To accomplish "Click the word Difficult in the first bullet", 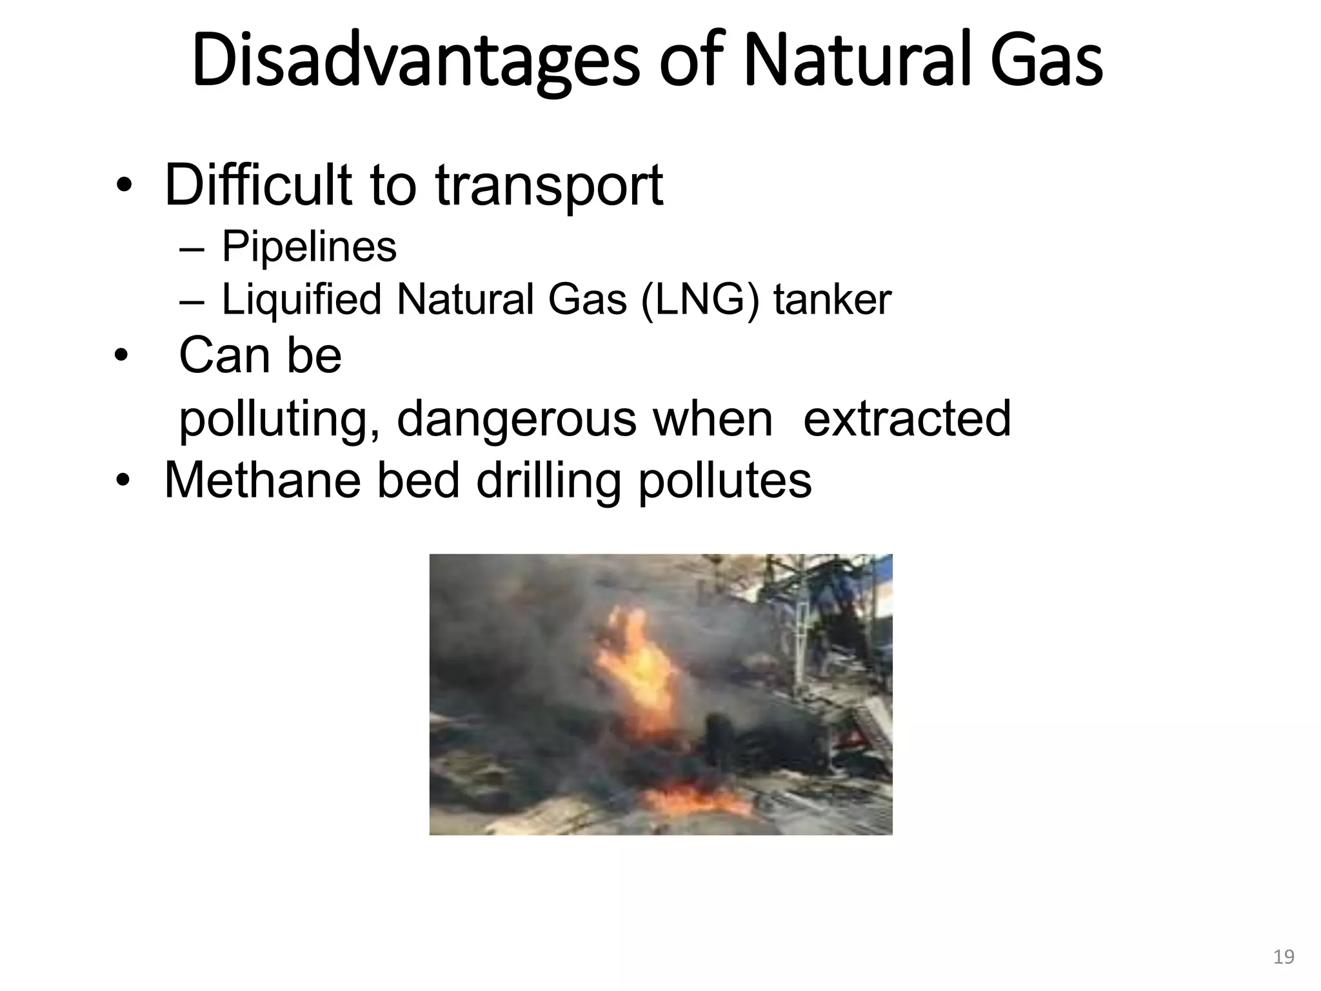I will click(x=258, y=185).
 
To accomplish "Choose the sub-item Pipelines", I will click(x=309, y=246).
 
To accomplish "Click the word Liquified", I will click(x=301, y=300).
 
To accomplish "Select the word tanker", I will click(x=832, y=300).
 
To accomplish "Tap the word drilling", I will click(x=548, y=481).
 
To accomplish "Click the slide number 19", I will click(x=1284, y=956).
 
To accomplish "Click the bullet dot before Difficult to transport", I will click(x=123, y=187).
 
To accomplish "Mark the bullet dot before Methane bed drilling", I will click(x=123, y=481).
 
